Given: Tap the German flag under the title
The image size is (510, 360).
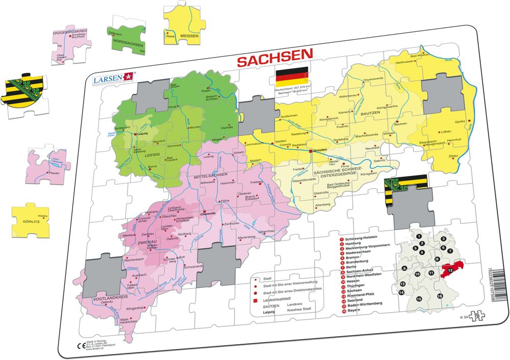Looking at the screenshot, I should pyautogui.click(x=292, y=77).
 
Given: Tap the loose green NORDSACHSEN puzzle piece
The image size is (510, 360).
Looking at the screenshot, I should pyautogui.click(x=127, y=36).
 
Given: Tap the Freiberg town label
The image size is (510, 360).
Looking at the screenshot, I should pyautogui.click(x=256, y=182).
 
